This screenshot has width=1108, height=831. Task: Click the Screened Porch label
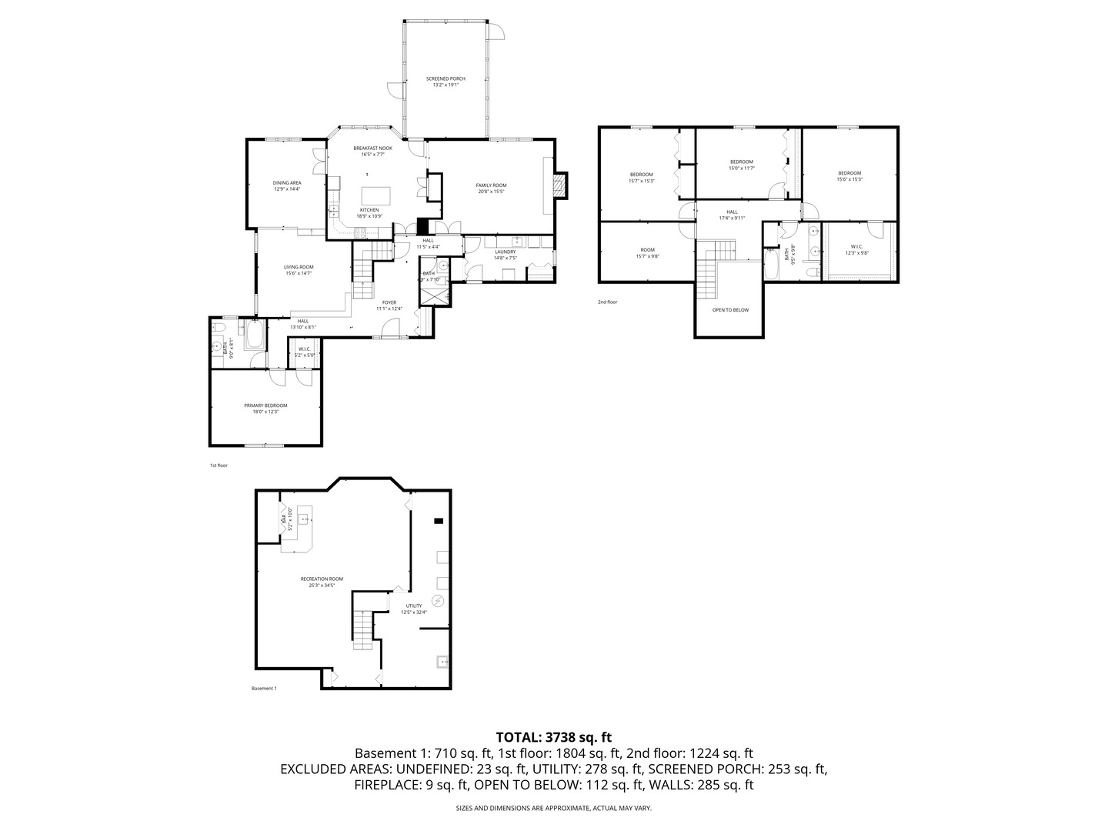pyautogui.click(x=446, y=82)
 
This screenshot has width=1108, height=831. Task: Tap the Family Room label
pyautogui.click(x=491, y=188)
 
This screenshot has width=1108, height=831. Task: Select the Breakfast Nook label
pyautogui.click(x=372, y=151)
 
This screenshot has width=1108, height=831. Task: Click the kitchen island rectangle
pyautogui.click(x=376, y=195)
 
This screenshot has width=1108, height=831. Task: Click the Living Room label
pyautogui.click(x=299, y=270)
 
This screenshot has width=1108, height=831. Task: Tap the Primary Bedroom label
pyautogui.click(x=265, y=409)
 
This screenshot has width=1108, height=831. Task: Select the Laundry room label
pyautogui.click(x=505, y=255)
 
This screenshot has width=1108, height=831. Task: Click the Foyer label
pyautogui.click(x=389, y=305)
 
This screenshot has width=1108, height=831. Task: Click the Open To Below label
pyautogui.click(x=730, y=310)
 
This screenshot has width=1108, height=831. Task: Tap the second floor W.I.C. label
pyautogui.click(x=856, y=249)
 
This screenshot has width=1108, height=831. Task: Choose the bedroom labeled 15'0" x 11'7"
pyautogui.click(x=742, y=165)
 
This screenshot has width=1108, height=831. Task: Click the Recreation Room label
pyautogui.click(x=322, y=582)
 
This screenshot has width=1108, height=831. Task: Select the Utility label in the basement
pyautogui.click(x=414, y=609)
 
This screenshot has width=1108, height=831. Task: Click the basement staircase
pyautogui.click(x=361, y=627)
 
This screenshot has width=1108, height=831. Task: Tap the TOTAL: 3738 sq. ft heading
pyautogui.click(x=554, y=737)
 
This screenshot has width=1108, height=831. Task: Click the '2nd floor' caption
pyautogui.click(x=607, y=302)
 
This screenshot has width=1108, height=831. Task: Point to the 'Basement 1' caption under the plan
pyautogui.click(x=264, y=689)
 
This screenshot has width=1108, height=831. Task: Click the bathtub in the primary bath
pyautogui.click(x=255, y=335)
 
